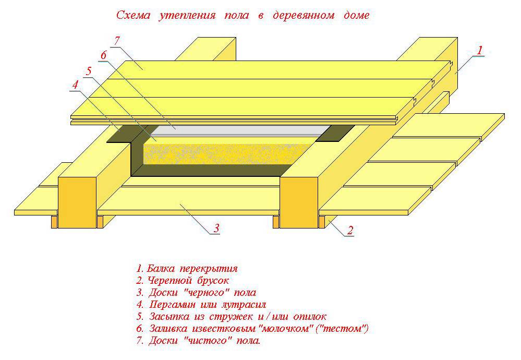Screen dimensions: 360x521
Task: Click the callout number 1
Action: pyautogui.click(x=480, y=50)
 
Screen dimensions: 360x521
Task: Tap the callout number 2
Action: pyautogui.click(x=350, y=230)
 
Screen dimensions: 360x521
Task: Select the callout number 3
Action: pyautogui.click(x=216, y=228)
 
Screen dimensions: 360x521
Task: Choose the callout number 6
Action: pyautogui.click(x=103, y=55)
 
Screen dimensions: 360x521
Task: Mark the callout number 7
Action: pyautogui.click(x=117, y=41)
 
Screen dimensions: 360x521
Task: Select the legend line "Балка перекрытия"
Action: pyautogui.click(x=187, y=269)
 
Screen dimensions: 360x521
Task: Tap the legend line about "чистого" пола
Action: pyautogui.click(x=198, y=340)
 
